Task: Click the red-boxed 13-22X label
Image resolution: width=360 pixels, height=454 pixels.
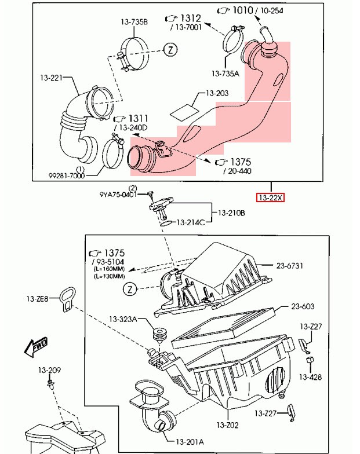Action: point(271,197)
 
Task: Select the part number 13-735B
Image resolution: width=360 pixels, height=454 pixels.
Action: point(134,22)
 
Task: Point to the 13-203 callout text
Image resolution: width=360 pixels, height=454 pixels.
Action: point(217,93)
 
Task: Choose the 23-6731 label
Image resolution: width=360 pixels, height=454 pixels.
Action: point(290,266)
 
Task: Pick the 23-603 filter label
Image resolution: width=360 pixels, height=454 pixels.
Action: point(303,306)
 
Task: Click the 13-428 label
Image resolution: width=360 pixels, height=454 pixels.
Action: point(311,376)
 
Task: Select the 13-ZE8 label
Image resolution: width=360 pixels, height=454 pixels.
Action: point(37,299)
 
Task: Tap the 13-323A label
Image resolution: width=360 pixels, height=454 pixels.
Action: point(123,319)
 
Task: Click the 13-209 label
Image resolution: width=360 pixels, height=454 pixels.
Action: point(50,370)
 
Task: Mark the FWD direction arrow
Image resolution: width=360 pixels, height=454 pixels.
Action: point(36,347)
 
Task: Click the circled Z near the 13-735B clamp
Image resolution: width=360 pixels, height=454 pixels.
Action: point(170,50)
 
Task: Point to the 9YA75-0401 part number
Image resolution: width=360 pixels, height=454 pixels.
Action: point(118,195)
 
